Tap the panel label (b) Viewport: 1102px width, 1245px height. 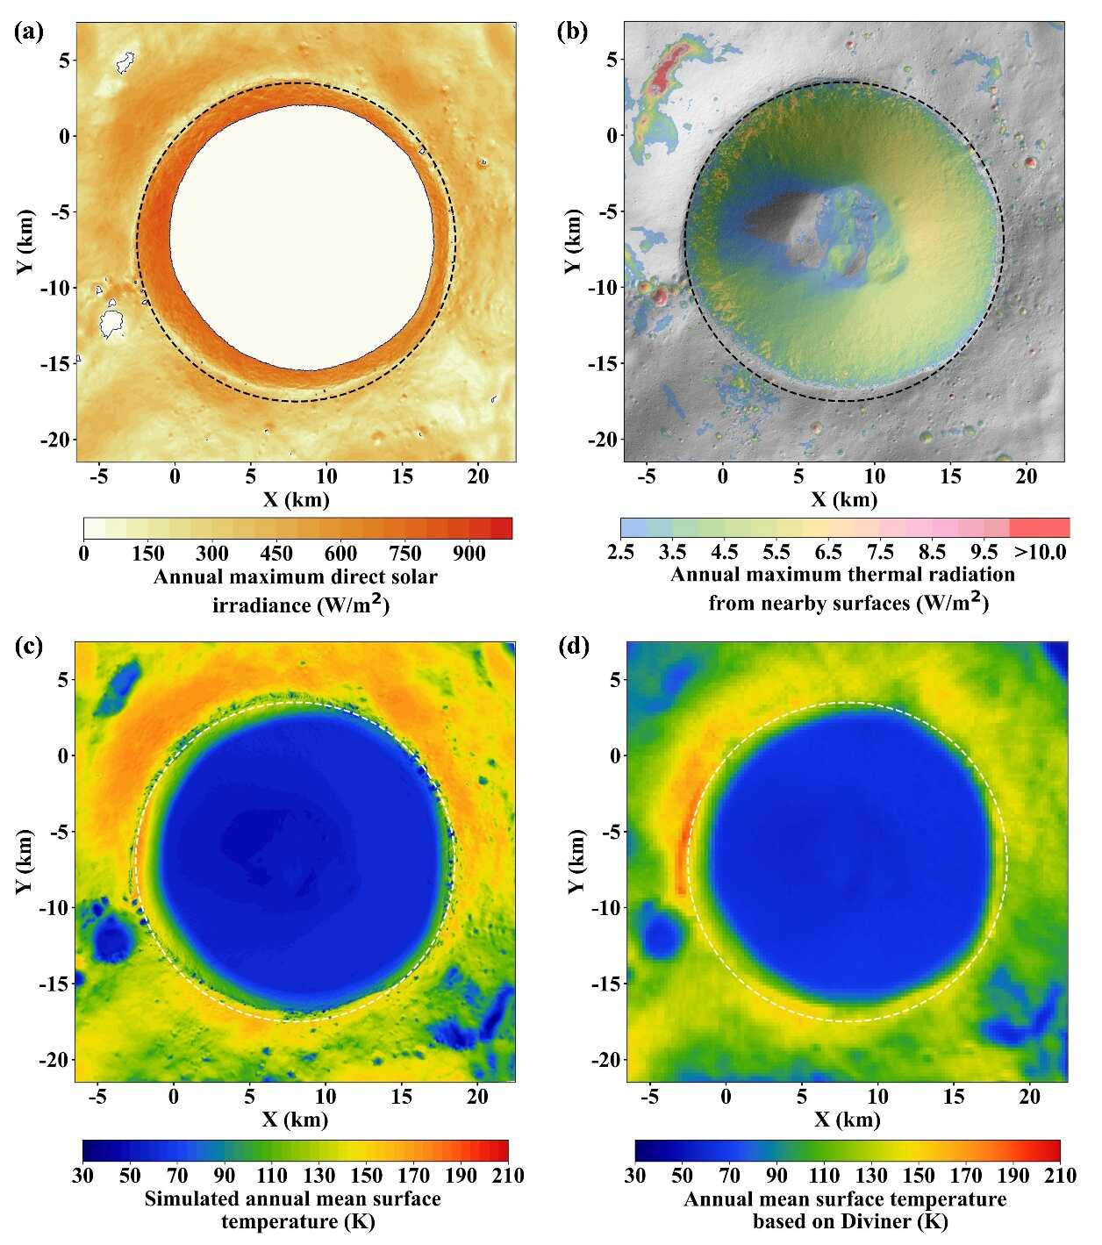(572, 32)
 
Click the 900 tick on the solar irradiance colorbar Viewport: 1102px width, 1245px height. (469, 553)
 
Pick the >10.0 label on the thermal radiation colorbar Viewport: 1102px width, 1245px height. (1040, 552)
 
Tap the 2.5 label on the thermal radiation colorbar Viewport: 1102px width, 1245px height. (620, 552)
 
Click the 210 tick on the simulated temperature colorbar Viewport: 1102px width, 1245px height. (508, 1175)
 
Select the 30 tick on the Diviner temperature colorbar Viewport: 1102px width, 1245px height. (635, 1175)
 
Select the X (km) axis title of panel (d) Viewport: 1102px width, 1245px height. (846, 1120)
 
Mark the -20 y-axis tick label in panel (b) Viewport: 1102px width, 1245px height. (604, 439)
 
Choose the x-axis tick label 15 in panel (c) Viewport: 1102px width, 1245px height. (401, 1096)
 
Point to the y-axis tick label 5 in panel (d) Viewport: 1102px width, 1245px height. (615, 679)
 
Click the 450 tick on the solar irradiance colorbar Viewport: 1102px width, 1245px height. (276, 553)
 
